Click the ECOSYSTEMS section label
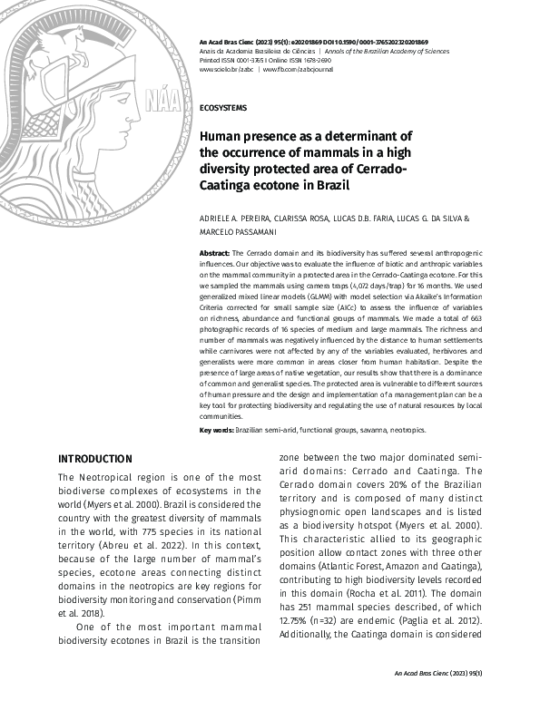click(222, 108)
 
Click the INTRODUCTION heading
click(94, 459)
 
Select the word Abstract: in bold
click(215, 251)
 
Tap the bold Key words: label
click(217, 430)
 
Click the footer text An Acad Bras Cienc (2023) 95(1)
click(437, 673)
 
